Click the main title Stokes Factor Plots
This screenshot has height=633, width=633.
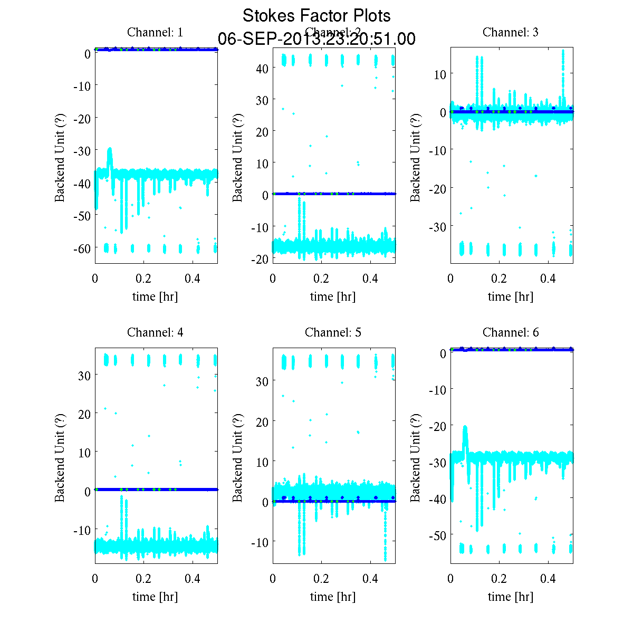coord(316,16)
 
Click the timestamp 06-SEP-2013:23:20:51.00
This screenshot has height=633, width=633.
coord(316,39)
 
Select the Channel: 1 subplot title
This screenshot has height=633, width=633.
coord(155,32)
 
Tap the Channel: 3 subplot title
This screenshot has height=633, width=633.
coord(511,32)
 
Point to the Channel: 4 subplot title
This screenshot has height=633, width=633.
coord(155,332)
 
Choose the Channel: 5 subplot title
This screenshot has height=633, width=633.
coord(333,332)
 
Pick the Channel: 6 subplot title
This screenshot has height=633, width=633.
coord(511,332)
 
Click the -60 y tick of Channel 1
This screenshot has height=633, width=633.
coord(82,248)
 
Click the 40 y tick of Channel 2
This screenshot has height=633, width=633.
coord(262,68)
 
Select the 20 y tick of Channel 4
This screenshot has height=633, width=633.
coord(84,414)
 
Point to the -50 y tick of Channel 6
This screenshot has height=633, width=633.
coord(437,535)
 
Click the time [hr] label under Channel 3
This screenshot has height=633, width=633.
coord(511,296)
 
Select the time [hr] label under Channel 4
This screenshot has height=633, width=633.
coord(155,597)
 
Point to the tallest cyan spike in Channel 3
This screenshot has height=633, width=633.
coord(563,53)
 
